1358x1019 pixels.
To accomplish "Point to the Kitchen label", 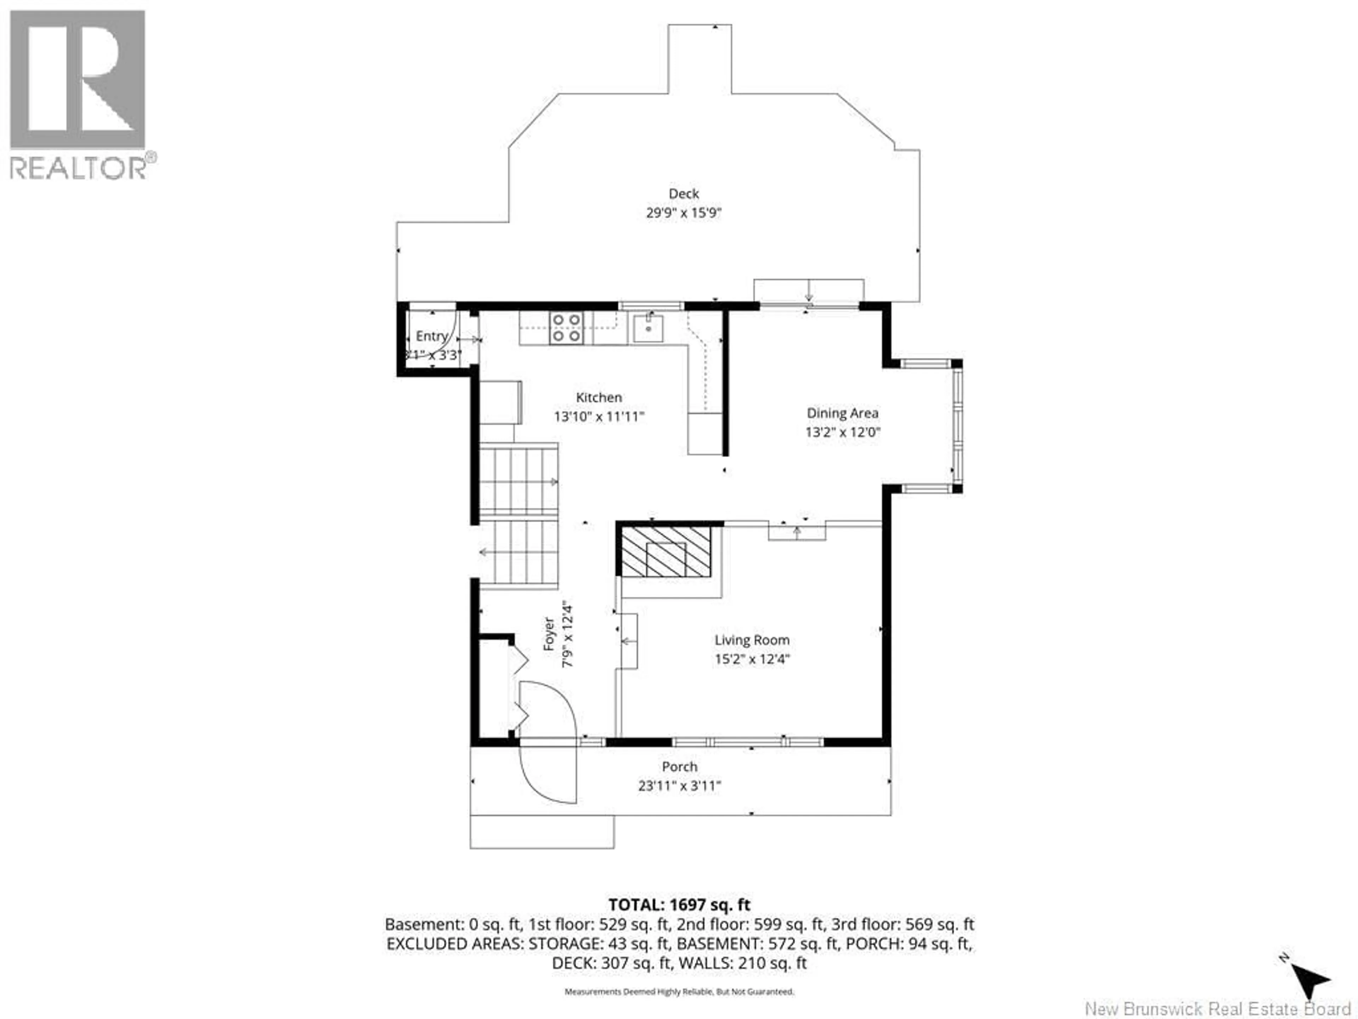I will pyautogui.click(x=599, y=397).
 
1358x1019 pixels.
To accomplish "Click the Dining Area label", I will pyautogui.click(x=842, y=413).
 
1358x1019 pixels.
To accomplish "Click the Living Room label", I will pyautogui.click(x=751, y=640).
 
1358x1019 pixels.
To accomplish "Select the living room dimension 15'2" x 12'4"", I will pyautogui.click(x=751, y=659).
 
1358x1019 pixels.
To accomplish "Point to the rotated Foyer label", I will pyautogui.click(x=550, y=634).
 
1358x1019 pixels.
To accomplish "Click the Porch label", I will pyautogui.click(x=679, y=767).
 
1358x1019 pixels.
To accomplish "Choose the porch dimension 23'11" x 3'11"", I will pyautogui.click(x=679, y=785).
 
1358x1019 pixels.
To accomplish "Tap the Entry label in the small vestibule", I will pyautogui.click(x=431, y=336).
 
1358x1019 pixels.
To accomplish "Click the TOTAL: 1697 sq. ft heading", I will pyautogui.click(x=679, y=904).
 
